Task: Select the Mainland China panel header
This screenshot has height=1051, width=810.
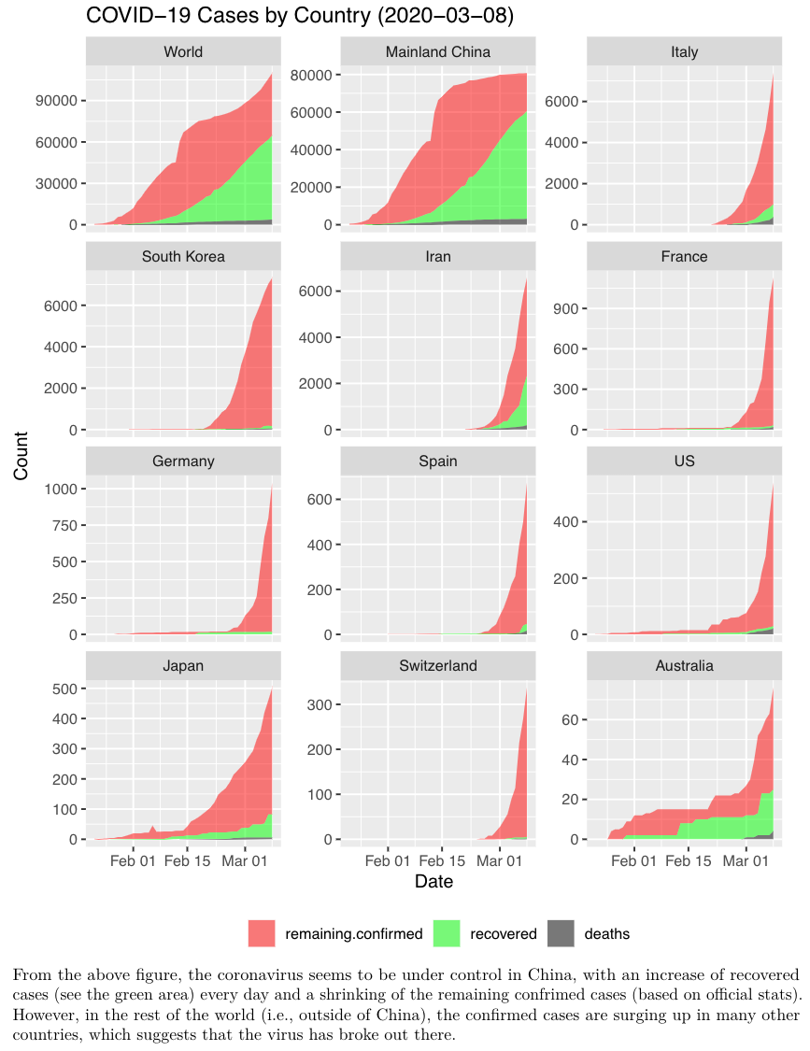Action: (437, 51)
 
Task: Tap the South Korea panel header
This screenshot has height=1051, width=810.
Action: (183, 256)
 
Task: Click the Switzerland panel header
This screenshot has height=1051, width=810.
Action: (437, 666)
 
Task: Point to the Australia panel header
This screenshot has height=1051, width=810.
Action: (684, 666)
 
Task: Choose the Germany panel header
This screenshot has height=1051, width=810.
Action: (183, 462)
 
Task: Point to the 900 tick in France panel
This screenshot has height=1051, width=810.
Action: (568, 309)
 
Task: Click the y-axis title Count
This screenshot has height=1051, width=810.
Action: (21, 455)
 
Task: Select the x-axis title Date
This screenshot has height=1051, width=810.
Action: (433, 881)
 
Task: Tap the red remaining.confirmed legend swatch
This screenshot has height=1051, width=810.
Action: (262, 933)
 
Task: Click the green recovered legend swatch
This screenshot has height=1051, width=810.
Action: (448, 933)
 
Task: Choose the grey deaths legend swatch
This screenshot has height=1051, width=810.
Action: (561, 933)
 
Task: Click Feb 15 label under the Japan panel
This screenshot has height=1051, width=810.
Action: (188, 860)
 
